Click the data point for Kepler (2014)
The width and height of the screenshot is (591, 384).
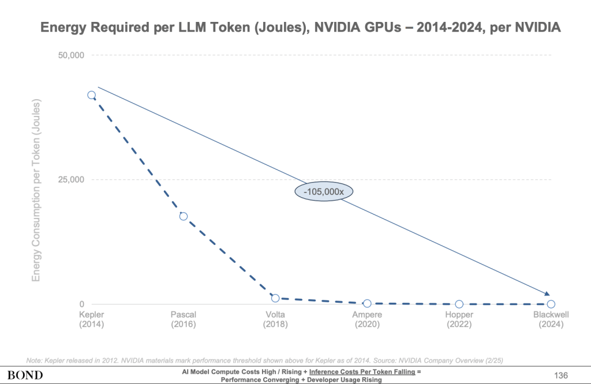tap(91, 95)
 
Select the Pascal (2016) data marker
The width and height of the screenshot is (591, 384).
tap(184, 216)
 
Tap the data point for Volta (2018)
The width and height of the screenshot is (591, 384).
tap(275, 298)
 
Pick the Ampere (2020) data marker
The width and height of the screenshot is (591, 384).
tap(367, 303)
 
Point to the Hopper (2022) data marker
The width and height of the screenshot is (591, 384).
tap(459, 304)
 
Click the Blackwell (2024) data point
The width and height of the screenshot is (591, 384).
tap(551, 304)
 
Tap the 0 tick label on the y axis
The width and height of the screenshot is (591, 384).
tap(81, 304)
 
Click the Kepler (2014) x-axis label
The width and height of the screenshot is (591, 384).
tap(91, 319)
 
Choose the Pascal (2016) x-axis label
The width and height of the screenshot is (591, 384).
tap(184, 319)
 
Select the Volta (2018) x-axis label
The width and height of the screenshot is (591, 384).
tap(275, 319)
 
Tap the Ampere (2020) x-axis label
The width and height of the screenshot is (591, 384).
tap(367, 319)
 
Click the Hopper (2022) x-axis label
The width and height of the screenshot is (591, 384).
tap(459, 319)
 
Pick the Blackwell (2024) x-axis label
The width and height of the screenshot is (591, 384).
tap(551, 319)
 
